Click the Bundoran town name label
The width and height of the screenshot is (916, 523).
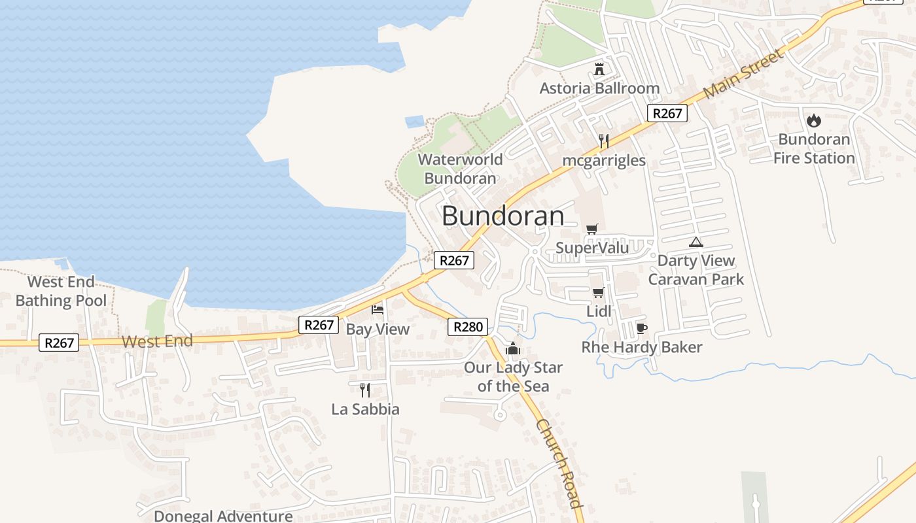(502, 216)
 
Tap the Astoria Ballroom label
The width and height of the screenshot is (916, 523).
(599, 88)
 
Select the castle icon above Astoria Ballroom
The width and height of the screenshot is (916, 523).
(599, 69)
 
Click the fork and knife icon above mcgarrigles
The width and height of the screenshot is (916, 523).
(603, 141)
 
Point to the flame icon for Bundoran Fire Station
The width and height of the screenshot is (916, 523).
(814, 120)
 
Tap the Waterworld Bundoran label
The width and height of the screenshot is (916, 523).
(461, 169)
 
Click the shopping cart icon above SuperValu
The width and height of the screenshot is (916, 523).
(592, 229)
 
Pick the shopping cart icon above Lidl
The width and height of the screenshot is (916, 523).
(598, 292)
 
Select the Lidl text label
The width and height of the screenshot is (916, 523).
(599, 312)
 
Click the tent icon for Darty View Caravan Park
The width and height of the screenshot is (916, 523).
(696, 243)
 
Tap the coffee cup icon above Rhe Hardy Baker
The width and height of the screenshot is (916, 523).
(641, 328)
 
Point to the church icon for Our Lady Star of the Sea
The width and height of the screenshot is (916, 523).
(513, 348)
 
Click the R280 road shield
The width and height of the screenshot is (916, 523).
(468, 327)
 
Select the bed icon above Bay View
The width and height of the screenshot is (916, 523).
(378, 309)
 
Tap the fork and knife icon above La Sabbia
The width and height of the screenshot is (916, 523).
(365, 390)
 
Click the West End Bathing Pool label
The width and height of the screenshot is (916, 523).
(61, 292)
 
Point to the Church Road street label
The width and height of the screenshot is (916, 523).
(559, 463)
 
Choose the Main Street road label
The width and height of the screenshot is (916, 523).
(744, 74)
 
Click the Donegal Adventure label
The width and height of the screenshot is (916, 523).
(223, 516)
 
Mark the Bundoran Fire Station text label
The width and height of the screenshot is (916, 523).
(814, 149)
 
